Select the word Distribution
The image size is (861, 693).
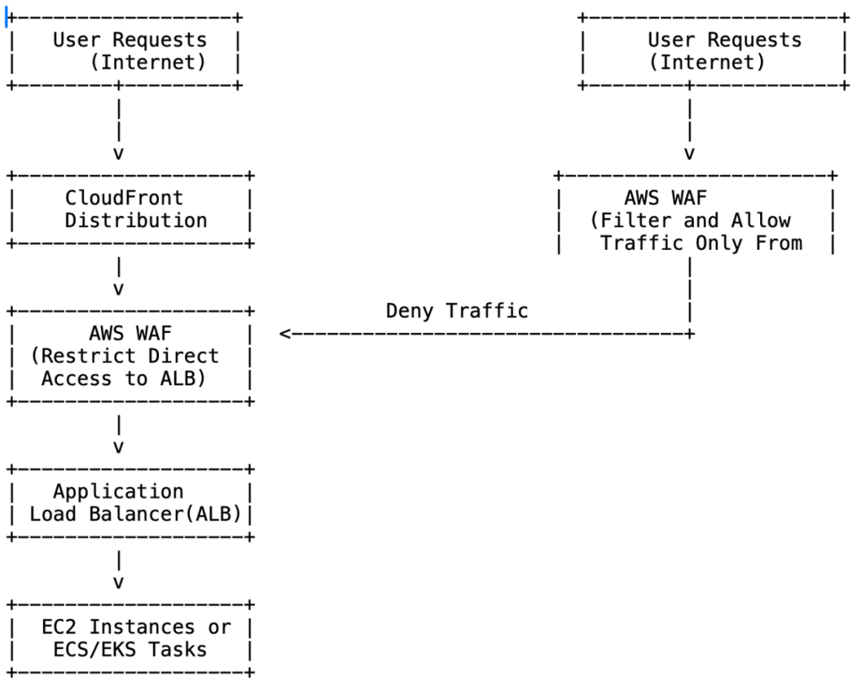136,221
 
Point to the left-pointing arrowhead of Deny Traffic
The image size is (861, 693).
285,333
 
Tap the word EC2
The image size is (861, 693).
59,627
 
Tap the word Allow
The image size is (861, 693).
760,221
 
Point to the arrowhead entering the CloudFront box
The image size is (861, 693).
118,152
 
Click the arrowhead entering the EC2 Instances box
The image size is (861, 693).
118,582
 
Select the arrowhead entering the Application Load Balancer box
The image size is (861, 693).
118,446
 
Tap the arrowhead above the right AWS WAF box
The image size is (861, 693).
689,152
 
